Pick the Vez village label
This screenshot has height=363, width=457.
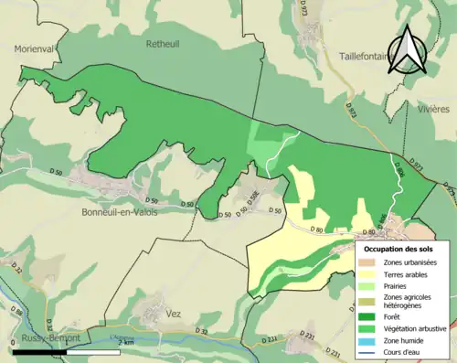(174, 313)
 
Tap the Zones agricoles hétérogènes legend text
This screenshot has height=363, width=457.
(409, 303)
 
